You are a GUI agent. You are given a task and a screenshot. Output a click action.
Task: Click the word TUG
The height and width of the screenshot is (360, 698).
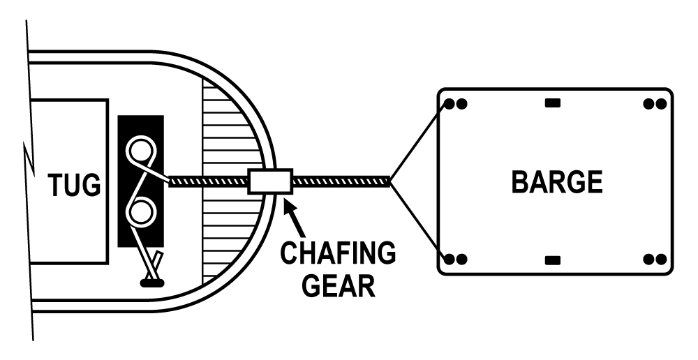[75, 185]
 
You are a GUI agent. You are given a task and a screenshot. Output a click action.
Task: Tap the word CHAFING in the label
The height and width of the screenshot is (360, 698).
[338, 253]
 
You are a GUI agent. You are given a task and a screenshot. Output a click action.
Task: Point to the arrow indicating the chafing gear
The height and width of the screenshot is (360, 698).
[294, 218]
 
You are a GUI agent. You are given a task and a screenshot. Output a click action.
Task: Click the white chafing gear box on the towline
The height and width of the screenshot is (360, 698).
[270, 181]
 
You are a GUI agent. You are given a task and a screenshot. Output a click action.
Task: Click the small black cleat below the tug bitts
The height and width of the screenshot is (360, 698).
[152, 283]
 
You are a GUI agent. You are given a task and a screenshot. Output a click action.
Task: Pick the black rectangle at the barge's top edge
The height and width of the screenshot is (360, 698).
[553, 103]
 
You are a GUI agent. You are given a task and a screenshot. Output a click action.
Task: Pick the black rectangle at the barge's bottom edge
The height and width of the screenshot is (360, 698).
[553, 260]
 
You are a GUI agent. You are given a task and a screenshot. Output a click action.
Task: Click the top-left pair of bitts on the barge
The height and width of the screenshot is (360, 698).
[456, 104]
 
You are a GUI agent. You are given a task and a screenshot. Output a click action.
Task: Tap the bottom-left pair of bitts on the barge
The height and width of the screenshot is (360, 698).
[456, 259]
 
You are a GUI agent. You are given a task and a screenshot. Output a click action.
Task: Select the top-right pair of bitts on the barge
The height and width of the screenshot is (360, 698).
[655, 104]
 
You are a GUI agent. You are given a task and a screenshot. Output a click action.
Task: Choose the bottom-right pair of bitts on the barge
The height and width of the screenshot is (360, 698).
[655, 259]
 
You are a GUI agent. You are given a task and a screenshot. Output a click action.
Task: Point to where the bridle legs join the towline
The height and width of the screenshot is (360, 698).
[390, 181]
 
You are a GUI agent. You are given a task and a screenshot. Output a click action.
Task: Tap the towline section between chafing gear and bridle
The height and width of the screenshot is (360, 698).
[341, 181]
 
